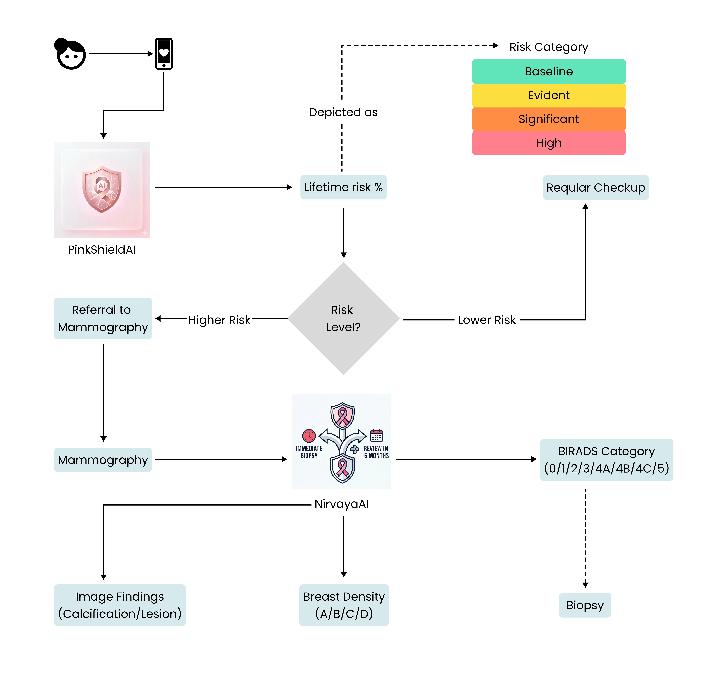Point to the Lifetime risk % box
tap(343, 187)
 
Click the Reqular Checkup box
tap(595, 188)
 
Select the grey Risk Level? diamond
tap(343, 318)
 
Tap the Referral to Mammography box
tap(103, 318)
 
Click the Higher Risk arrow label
tap(219, 320)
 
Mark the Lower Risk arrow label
tap(487, 320)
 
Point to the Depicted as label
tap(343, 112)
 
